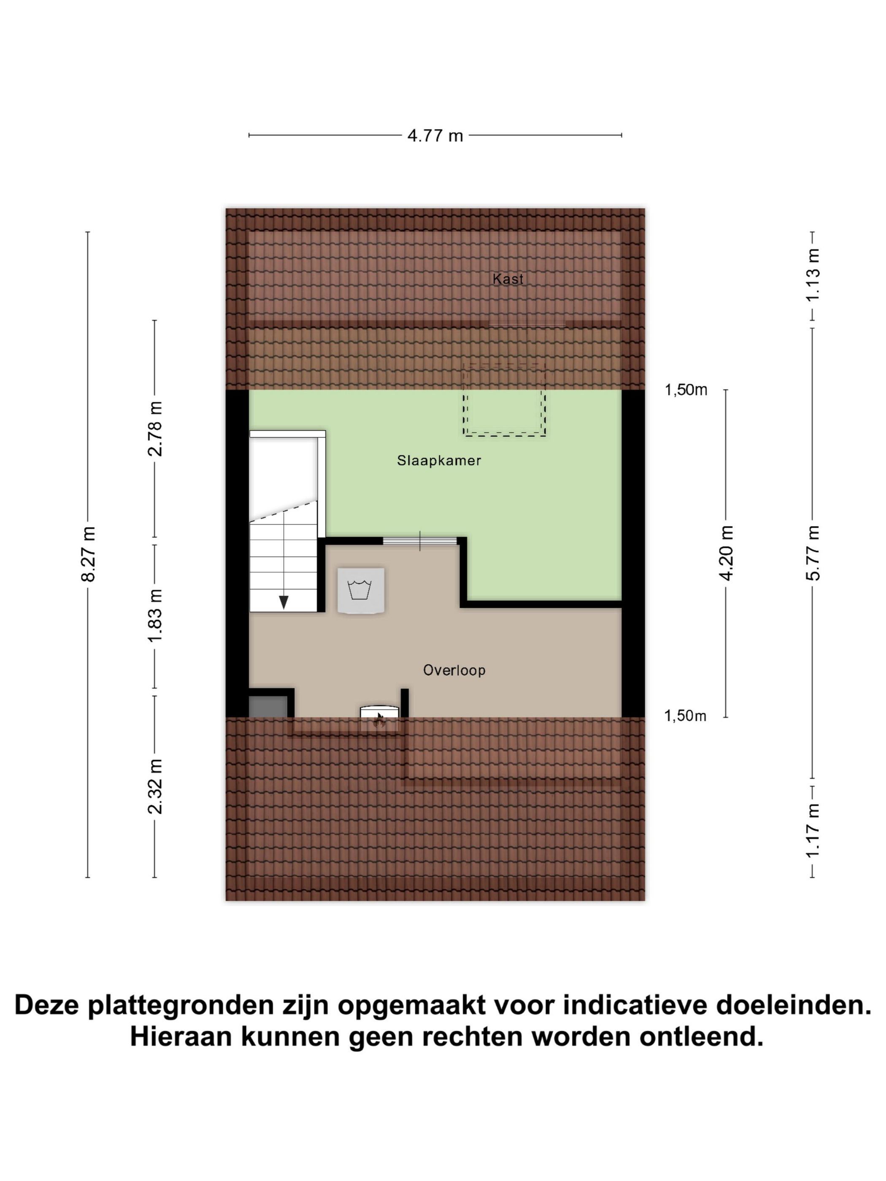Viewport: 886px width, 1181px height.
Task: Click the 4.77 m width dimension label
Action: click(x=435, y=136)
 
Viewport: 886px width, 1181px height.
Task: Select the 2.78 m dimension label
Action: click(x=155, y=429)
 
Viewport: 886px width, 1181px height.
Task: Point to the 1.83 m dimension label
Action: click(x=155, y=616)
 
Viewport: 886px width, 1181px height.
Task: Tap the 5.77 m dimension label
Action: click(x=813, y=553)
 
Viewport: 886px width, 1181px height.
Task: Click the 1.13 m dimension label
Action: click(x=813, y=275)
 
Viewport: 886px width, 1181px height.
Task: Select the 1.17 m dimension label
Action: click(x=813, y=832)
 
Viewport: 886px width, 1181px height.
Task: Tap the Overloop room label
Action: click(x=454, y=670)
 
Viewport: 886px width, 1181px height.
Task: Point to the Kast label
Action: click(x=508, y=279)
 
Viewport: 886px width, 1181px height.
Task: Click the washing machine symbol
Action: click(x=360, y=590)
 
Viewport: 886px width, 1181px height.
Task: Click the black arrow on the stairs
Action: click(x=284, y=602)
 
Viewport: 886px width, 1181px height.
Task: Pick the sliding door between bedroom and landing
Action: click(x=420, y=541)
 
